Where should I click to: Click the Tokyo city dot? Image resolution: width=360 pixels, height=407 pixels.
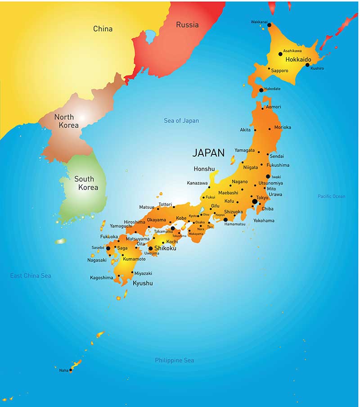255,202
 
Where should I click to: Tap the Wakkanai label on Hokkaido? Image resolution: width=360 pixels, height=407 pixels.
259,22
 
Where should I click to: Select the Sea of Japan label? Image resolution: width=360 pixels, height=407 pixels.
181,121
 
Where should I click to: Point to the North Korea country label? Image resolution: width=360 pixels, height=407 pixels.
66,121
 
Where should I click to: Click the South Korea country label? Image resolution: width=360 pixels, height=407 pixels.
85,183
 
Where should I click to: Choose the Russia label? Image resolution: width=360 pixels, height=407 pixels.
187,25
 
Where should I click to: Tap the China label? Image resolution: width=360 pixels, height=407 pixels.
103,29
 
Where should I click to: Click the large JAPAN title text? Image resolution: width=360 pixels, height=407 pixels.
208,153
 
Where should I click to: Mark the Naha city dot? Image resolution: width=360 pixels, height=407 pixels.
71,370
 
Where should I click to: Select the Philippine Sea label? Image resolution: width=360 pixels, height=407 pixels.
175,360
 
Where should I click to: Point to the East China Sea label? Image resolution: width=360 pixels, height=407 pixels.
31,276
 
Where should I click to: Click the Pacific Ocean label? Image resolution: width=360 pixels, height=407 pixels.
332,196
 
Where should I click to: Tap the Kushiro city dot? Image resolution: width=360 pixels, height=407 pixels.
307,65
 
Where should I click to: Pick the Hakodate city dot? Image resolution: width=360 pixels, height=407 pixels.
261,90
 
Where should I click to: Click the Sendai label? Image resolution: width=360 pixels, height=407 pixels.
277,156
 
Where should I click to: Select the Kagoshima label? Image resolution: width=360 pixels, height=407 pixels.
101,278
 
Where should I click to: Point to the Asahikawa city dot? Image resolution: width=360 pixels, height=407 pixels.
280,54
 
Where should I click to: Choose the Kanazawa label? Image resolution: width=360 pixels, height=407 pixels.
197,183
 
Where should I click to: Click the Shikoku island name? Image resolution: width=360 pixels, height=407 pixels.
165,248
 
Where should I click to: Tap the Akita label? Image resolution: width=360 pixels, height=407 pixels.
245,130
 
